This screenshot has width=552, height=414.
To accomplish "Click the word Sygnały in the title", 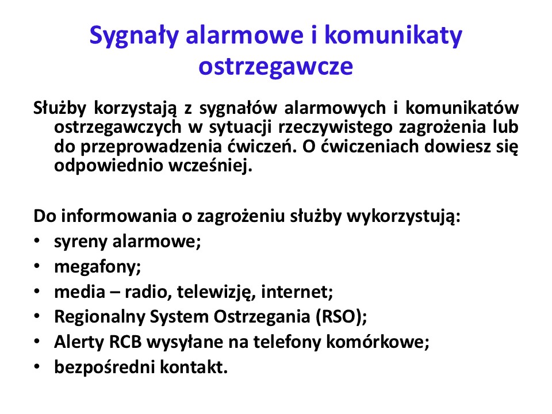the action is [134, 36].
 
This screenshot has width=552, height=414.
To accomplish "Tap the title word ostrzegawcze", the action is [275, 66].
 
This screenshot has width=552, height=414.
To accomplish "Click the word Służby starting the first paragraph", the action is [59, 108].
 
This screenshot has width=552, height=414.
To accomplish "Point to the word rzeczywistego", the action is [335, 128].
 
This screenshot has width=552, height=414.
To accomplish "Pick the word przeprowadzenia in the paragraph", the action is [151, 147].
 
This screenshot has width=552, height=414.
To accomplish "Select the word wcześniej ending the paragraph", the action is [210, 165].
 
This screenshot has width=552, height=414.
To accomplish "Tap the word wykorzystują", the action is [404, 217].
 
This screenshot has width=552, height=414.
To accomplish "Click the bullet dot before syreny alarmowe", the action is [37, 241].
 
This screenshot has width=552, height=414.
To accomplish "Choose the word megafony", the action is [98, 266].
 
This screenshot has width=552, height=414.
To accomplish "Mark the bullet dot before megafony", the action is [37, 266].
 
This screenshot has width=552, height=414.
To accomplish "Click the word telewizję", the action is [216, 292].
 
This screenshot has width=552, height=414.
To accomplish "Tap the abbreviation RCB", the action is [125, 342].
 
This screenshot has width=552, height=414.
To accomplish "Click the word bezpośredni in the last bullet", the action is [104, 367].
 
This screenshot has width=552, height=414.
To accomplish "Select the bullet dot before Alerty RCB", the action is [37, 341].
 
